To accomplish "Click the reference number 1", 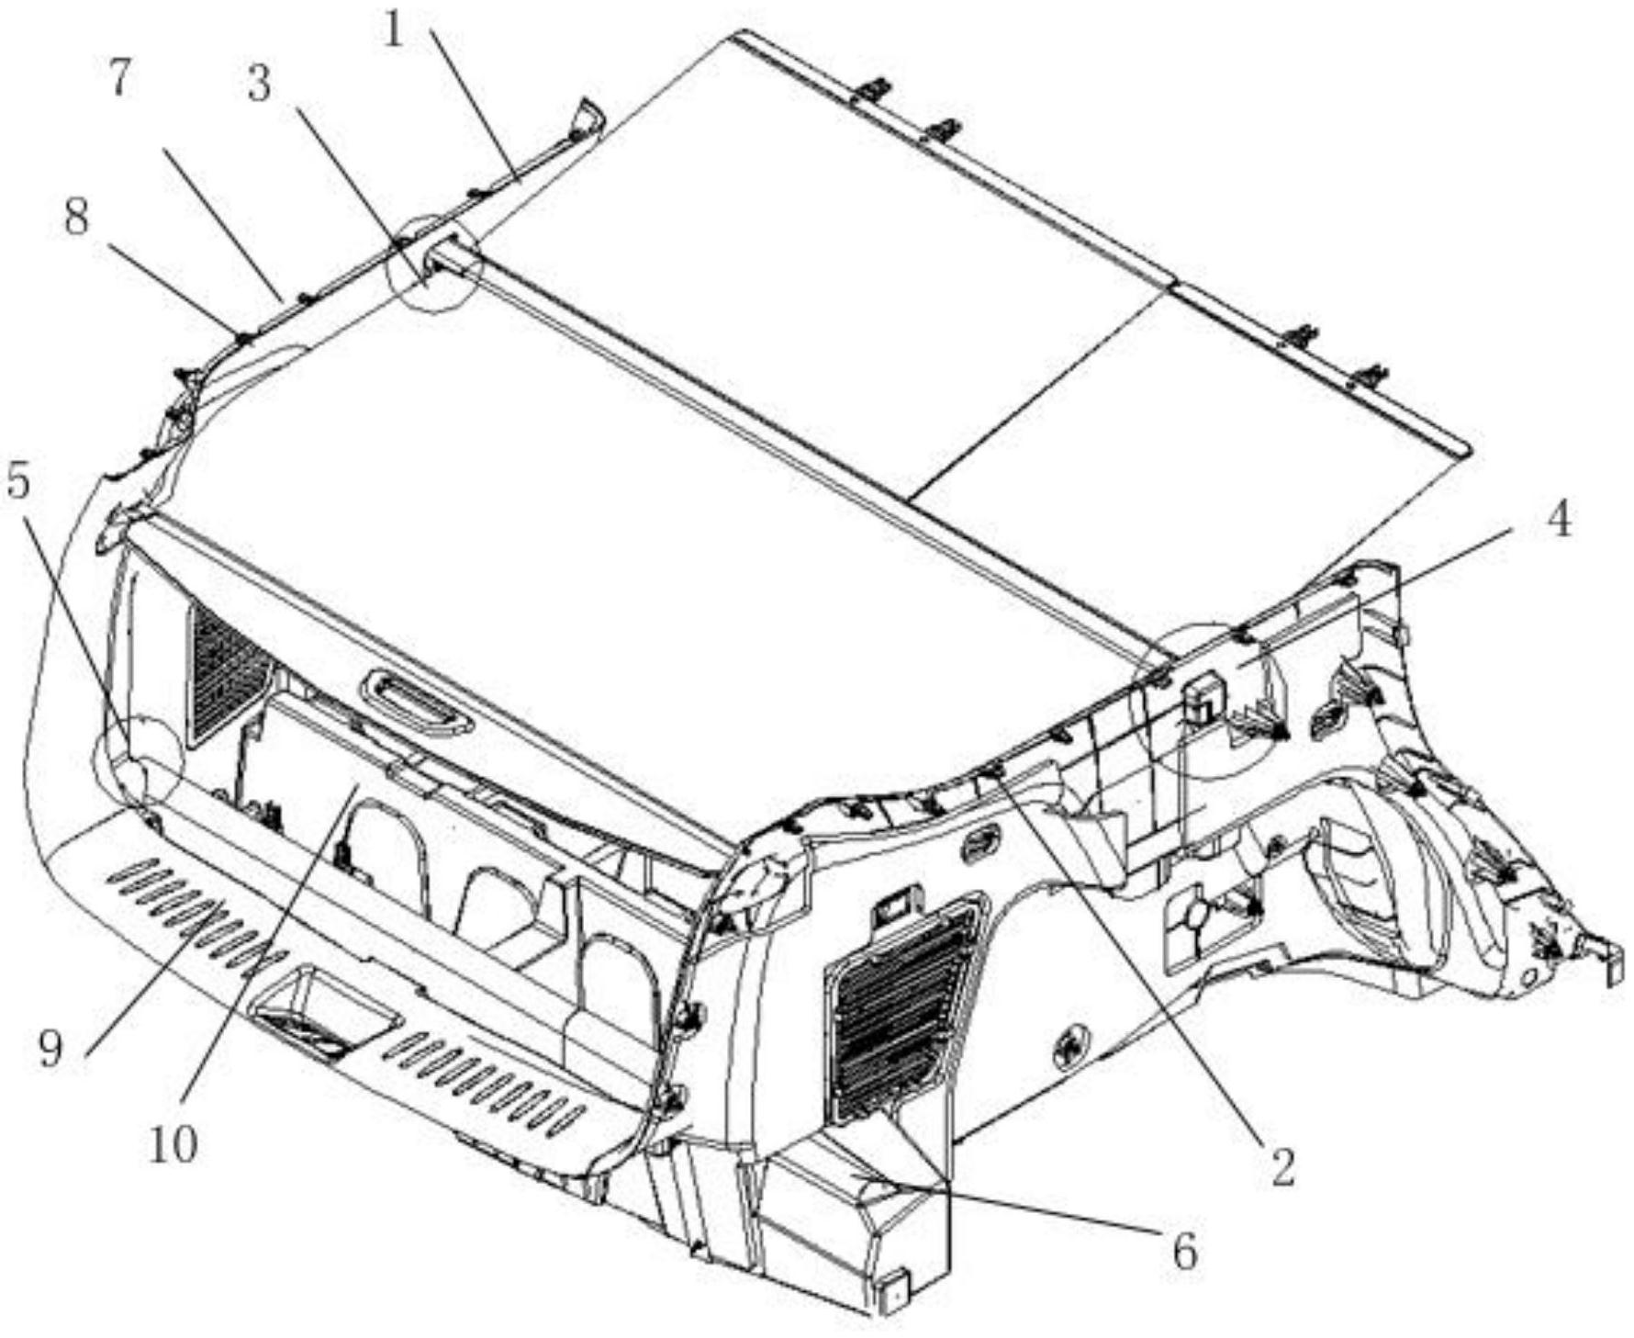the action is pos(395,31).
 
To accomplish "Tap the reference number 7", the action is pos(118,80).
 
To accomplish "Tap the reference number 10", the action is pos(173,1145).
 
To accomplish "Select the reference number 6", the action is pos(1185,1251).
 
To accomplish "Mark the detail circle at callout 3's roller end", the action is pos(434,264).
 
